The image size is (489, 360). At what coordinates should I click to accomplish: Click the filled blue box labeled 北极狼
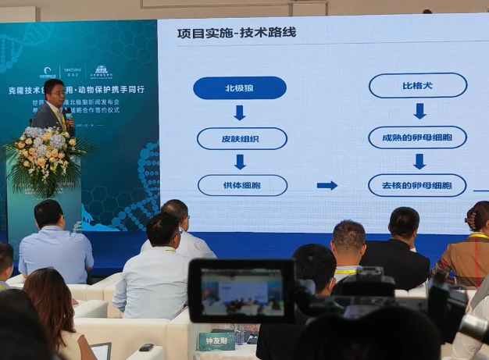239,87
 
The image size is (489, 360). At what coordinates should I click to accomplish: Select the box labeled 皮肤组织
241,138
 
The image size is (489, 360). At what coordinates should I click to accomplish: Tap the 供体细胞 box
242,185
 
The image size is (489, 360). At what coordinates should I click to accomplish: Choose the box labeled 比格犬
417,85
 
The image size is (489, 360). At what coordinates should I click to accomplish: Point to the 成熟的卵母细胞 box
417,137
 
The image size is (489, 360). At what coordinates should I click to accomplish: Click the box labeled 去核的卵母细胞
417,185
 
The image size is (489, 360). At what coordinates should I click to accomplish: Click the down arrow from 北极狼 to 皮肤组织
240,112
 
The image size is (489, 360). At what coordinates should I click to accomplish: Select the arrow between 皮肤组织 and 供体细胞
240,162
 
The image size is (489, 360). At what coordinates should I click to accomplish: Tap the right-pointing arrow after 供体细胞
327,185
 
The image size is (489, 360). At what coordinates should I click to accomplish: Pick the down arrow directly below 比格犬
419,111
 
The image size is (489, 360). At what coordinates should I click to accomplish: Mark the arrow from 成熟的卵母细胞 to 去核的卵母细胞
419,161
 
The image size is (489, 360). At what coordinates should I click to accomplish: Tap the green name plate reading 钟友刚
216,341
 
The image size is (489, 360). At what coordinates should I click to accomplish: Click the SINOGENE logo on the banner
73,72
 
